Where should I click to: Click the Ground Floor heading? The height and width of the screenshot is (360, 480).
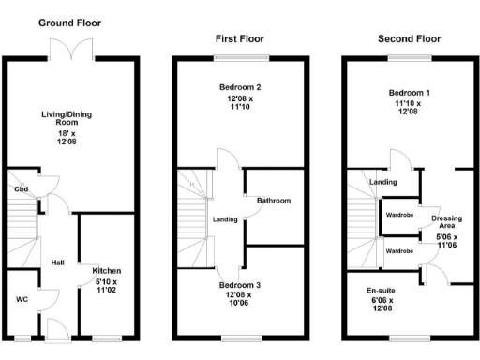(69, 22)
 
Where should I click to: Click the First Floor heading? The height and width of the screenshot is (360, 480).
(239, 39)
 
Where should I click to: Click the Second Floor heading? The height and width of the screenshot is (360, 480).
(410, 39)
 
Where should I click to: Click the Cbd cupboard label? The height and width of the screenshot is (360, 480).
(20, 188)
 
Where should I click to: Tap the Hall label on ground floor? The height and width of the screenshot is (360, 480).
(57, 262)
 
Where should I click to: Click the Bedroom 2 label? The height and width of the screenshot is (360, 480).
(240, 86)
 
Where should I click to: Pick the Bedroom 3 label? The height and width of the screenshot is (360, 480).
(240, 284)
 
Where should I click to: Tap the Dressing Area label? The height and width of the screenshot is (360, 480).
(445, 222)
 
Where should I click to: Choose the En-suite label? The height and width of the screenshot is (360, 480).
(381, 291)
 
